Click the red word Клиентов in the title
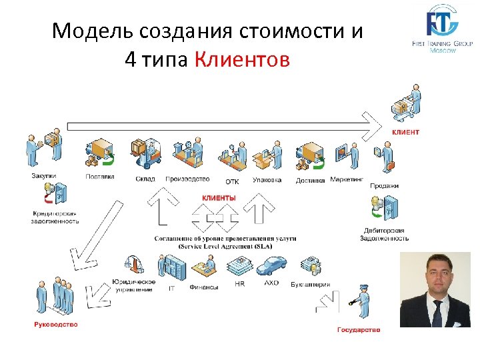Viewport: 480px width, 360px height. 243,61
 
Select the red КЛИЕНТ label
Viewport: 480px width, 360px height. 405,132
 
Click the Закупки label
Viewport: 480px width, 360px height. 44,176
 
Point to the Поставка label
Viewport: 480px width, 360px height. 100,177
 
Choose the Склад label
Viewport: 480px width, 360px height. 145,179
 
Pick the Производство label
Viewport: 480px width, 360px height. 187,179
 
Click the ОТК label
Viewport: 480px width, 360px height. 232,181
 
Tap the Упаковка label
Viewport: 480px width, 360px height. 267,179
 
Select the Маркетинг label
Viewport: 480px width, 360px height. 347,179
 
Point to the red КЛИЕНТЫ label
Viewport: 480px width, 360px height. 219,198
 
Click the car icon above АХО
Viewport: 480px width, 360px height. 271,267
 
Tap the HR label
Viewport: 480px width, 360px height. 240,283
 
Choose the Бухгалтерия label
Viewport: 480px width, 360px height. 310,284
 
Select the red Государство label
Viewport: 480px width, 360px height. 359,329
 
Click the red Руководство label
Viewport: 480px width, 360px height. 56,325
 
